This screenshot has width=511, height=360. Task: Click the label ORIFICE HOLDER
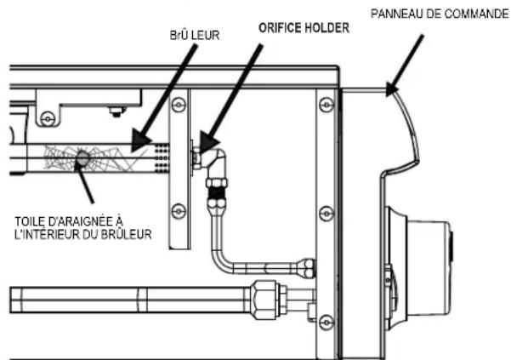[x=304, y=28]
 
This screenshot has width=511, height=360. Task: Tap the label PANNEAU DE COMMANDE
[x=440, y=14]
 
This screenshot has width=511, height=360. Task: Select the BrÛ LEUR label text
[x=195, y=35]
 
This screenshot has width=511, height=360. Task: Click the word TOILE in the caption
[x=29, y=222]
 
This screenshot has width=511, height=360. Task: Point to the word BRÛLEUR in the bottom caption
[x=126, y=234]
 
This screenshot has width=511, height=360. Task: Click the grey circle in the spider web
[x=82, y=159]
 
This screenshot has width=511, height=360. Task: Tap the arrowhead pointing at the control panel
[x=391, y=89]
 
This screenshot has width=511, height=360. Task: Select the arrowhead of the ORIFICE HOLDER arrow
[x=208, y=142]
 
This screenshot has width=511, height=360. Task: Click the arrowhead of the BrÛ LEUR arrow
[x=140, y=140]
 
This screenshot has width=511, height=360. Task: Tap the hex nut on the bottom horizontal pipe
[x=264, y=300]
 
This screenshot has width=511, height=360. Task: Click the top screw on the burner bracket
[x=179, y=105]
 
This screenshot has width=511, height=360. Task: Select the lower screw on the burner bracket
[x=179, y=211]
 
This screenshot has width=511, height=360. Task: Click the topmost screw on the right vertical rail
[x=326, y=105]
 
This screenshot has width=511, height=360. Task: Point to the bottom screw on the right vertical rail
[x=326, y=323]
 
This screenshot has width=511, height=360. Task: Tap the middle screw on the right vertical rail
[x=326, y=214]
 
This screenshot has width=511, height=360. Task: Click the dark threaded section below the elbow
[x=216, y=192]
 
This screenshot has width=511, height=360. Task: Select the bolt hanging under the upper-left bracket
[x=116, y=111]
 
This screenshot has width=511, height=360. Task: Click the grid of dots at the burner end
[x=162, y=158]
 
